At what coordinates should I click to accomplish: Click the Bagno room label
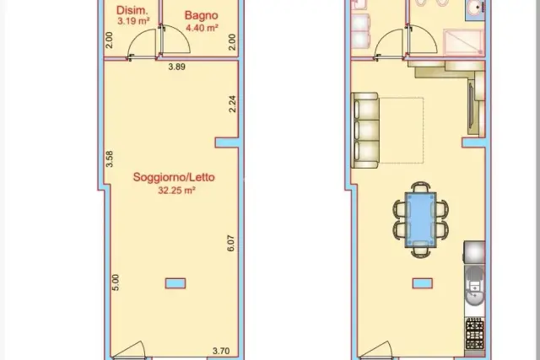coord(201,15)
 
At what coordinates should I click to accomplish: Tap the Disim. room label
coord(132,10)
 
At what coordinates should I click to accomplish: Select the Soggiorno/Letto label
coord(174,177)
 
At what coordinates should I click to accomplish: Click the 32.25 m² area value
coord(176,190)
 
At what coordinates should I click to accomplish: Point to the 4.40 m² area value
coord(202,28)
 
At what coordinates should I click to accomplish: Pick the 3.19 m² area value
coord(133,21)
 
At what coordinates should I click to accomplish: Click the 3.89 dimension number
coord(176,67)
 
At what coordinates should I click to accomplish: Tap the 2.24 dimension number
coord(233,104)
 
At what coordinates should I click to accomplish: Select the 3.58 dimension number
coord(109,159)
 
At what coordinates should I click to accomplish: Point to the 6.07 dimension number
coord(230,244)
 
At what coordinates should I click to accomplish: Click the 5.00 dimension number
coord(116,282)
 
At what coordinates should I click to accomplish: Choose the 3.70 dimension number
coord(221,351)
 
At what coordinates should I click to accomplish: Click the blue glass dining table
coord(420,219)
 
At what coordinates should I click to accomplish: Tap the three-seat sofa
coord(365,131)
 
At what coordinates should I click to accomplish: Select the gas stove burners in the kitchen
coord(474,334)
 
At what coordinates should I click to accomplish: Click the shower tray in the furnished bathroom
coord(463,42)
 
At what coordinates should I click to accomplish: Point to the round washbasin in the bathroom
coord(475,8)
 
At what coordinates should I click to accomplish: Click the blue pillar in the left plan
coord(175,283)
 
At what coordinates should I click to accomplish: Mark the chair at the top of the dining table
coord(421,187)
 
